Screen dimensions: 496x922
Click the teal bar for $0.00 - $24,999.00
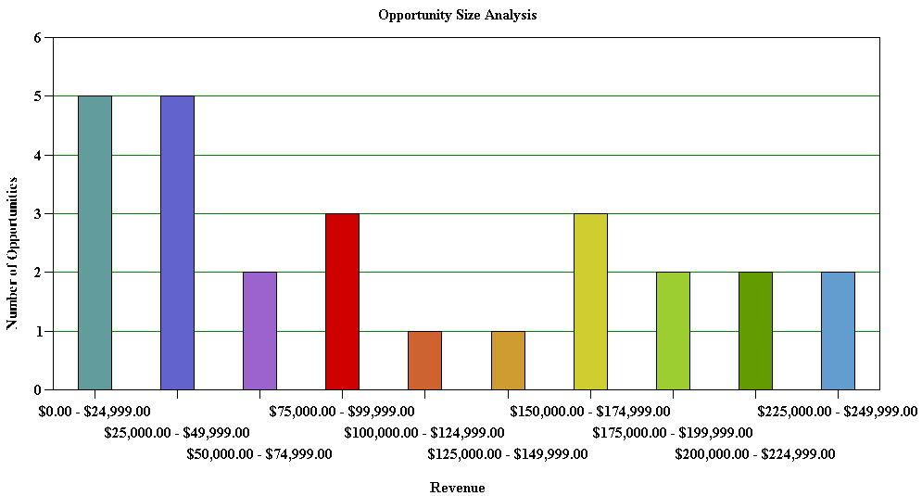coord(95,243)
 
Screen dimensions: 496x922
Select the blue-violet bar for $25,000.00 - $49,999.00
coord(177,243)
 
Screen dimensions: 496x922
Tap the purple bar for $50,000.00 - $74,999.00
coord(259,331)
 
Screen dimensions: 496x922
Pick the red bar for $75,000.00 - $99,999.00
coord(342,301)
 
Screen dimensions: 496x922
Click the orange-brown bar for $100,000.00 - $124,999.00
coord(424,361)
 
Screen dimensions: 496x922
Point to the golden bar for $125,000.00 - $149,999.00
coord(508,361)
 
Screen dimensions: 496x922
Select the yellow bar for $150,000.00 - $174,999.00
coord(590,301)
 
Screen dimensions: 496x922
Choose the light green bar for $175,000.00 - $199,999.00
coord(673,331)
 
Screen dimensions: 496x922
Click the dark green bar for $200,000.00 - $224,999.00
coord(755,331)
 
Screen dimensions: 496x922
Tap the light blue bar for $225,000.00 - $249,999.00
coord(838,331)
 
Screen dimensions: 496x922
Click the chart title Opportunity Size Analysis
coord(458,16)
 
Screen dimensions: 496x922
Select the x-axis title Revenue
coord(457,488)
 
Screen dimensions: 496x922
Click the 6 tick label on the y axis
coord(38,38)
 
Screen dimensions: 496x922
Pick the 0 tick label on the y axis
coord(38,390)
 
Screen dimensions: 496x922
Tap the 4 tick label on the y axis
coord(38,156)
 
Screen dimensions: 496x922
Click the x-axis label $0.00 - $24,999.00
coord(94,411)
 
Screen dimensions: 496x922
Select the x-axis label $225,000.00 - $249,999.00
coord(837,411)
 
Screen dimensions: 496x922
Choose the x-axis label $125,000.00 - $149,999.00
coord(507,454)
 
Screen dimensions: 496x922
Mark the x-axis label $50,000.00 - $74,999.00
coord(259,454)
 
